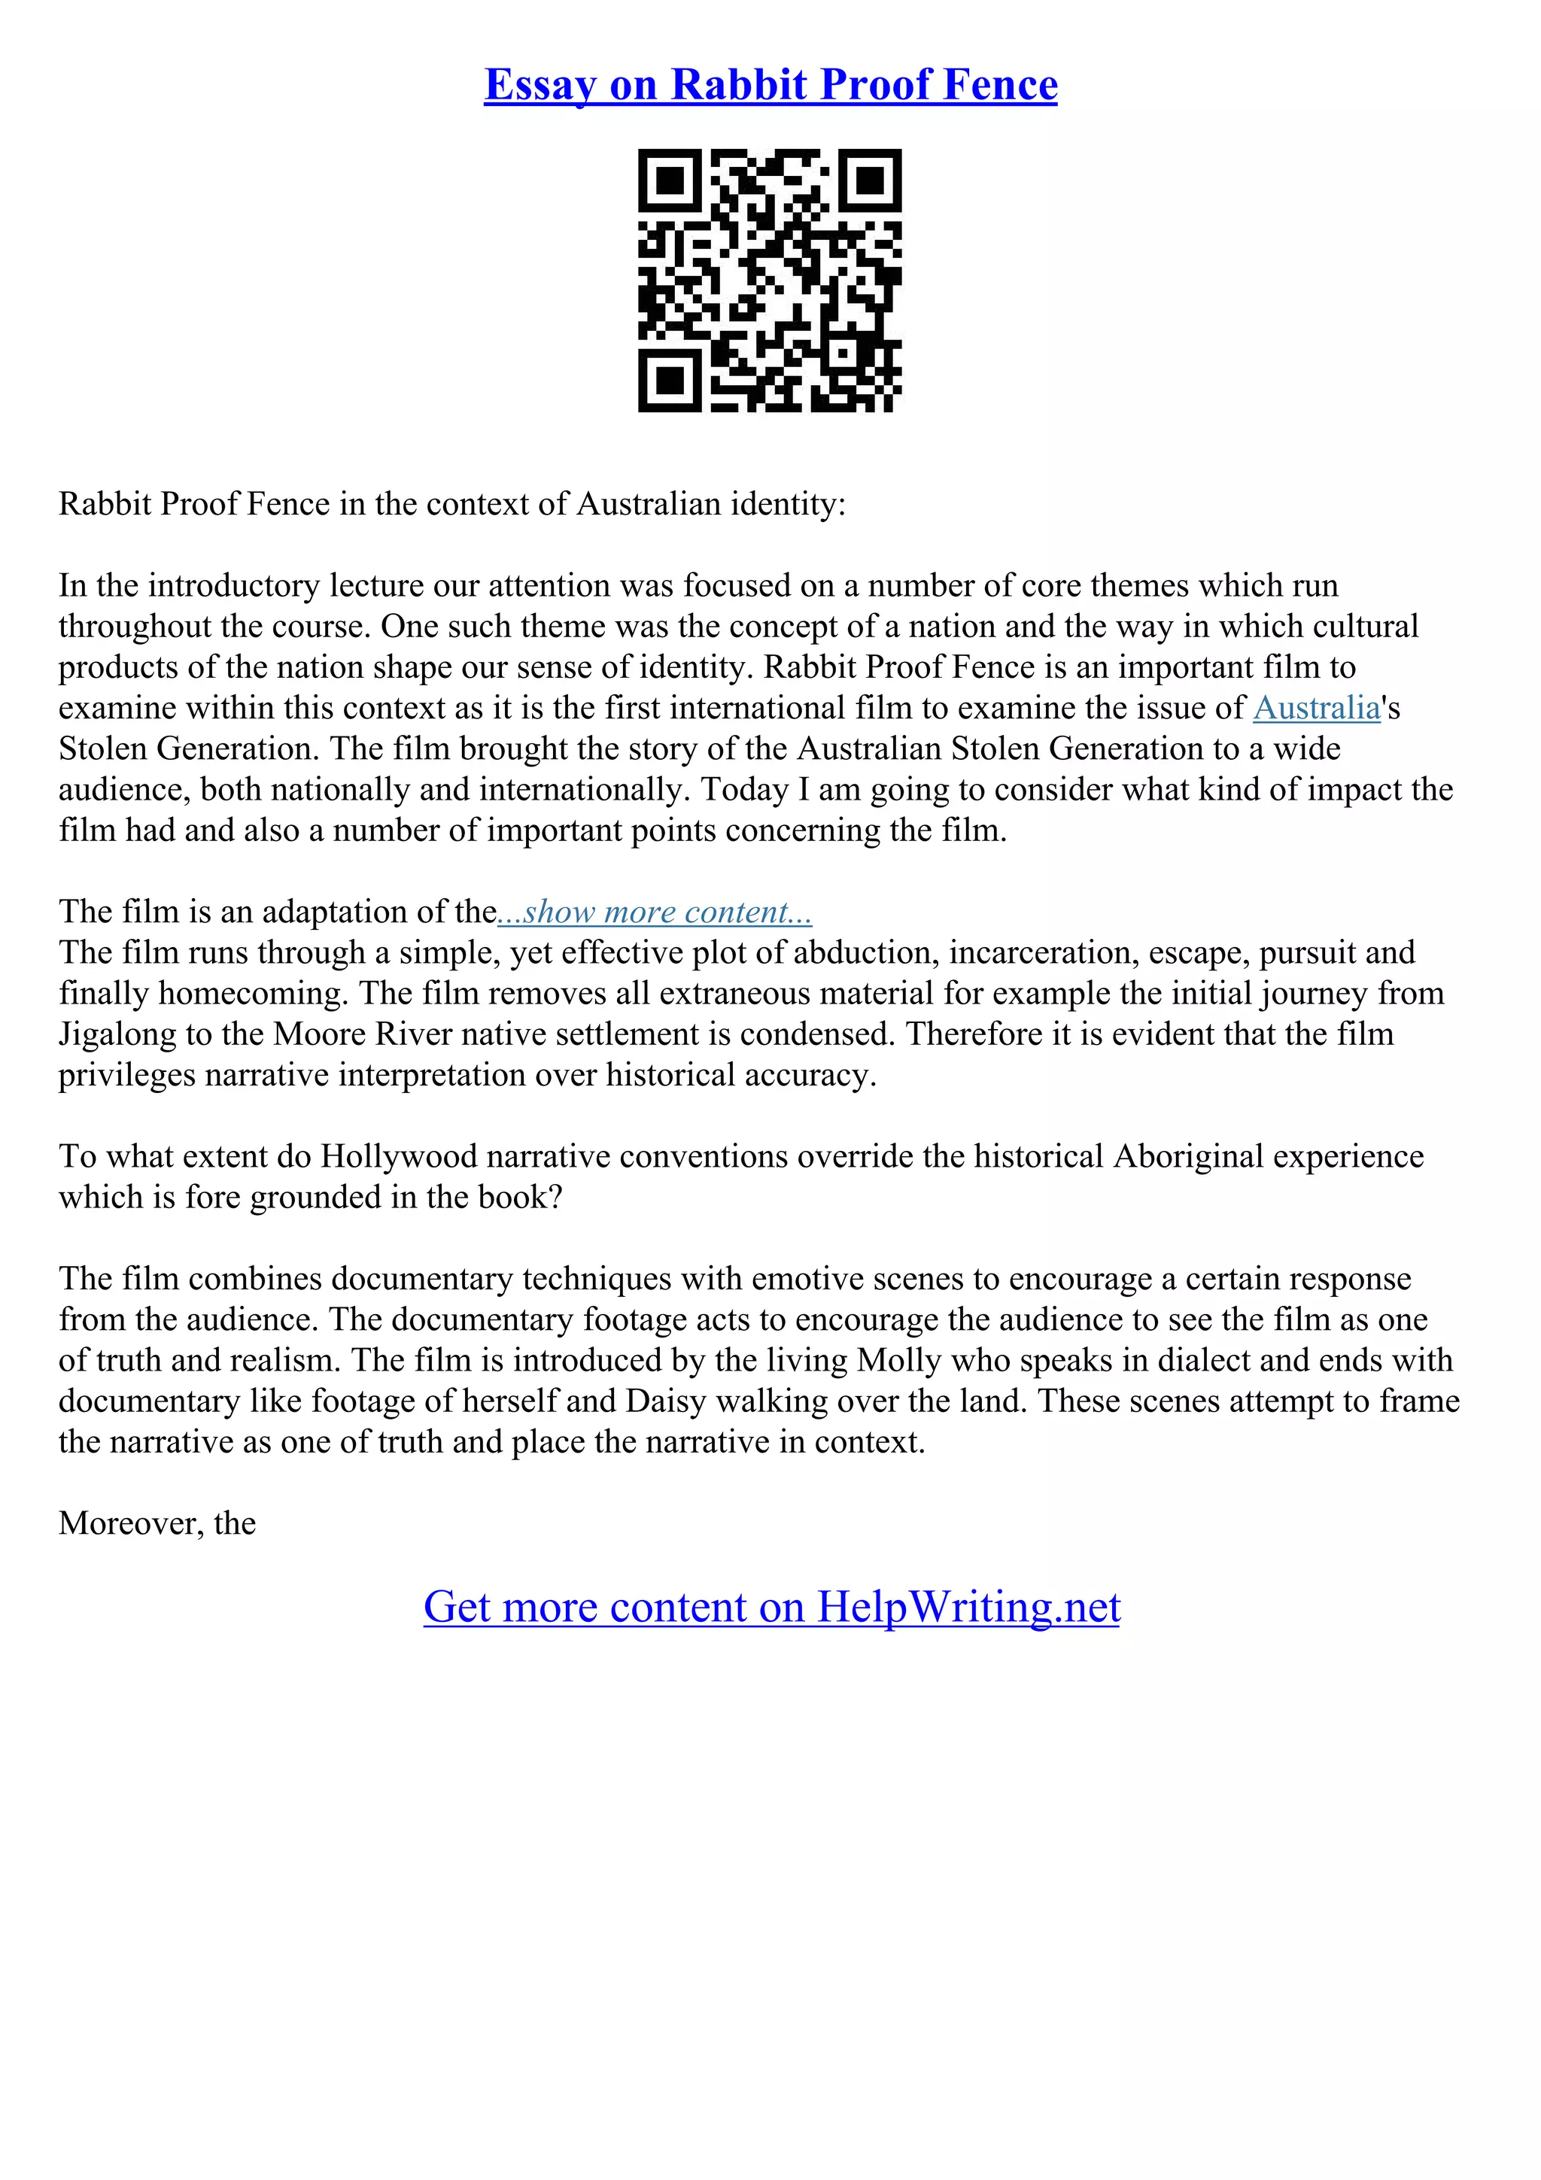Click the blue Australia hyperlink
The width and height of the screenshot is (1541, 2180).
click(1316, 709)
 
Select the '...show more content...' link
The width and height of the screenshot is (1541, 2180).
click(655, 912)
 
